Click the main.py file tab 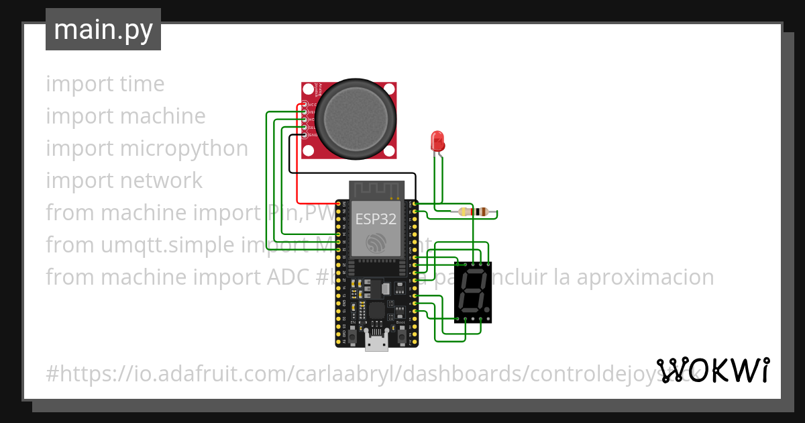[x=103, y=30]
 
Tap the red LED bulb [x=437, y=141]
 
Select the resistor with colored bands [x=476, y=212]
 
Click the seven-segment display [x=472, y=292]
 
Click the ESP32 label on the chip [x=375, y=219]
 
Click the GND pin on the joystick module [x=305, y=136]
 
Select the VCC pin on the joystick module [x=305, y=104]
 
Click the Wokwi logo [x=713, y=370]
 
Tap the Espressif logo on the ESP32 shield [x=375, y=242]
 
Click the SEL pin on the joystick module [x=305, y=128]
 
